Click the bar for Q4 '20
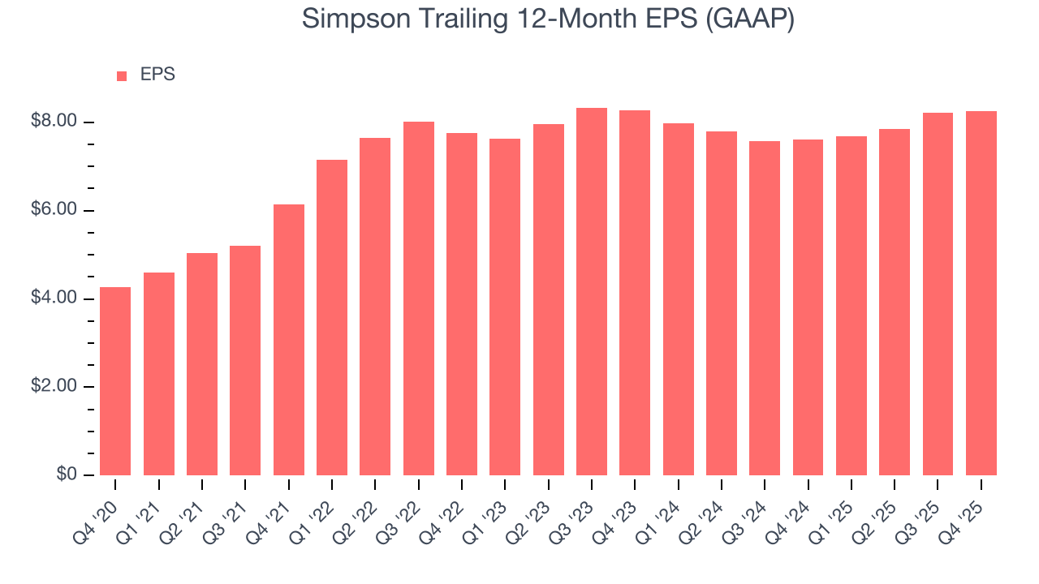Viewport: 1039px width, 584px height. [115, 381]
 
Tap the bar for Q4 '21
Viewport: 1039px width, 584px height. [289, 341]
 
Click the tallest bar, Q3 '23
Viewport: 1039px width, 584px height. [592, 292]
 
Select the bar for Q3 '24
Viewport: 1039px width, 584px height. [765, 308]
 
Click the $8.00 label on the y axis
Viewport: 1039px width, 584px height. [54, 122]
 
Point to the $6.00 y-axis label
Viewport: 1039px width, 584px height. [54, 210]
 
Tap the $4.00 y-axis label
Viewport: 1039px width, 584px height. [54, 298]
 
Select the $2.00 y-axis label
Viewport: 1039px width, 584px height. [54, 386]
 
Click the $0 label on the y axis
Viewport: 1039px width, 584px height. [67, 474]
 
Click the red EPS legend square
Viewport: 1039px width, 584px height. [122, 75]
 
